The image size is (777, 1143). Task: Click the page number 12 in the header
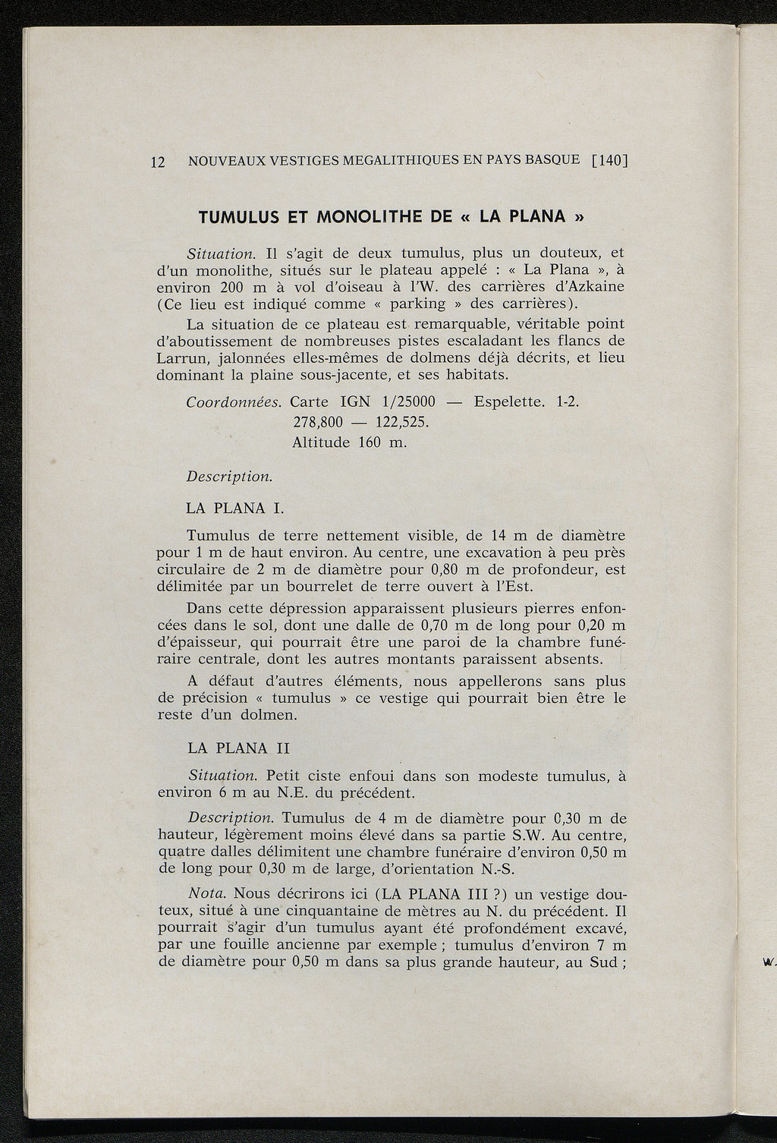coord(158,162)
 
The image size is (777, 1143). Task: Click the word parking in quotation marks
coord(418,304)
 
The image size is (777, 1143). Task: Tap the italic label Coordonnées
coord(234,402)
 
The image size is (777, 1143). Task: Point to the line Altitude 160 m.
coord(349,442)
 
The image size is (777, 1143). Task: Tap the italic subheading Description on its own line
coord(229,477)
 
